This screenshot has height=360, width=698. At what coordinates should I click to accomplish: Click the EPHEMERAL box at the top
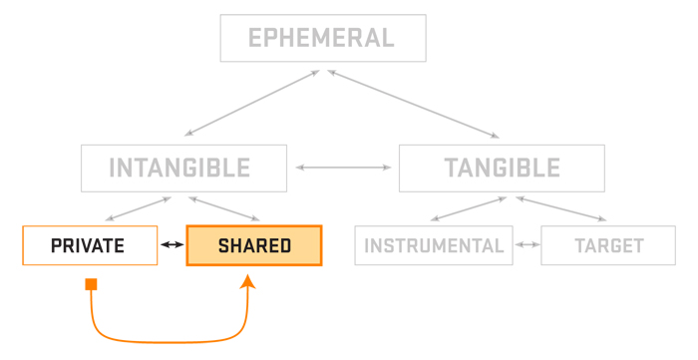(322, 39)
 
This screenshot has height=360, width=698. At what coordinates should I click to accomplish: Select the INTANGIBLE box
(184, 168)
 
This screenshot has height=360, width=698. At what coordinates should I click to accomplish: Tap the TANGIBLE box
(501, 168)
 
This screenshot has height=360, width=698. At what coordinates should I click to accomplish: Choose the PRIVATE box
(90, 245)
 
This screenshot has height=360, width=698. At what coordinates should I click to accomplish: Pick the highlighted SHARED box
(254, 245)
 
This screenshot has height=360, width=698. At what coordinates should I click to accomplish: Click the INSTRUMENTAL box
(433, 245)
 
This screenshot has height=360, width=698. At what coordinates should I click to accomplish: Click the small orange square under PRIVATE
(92, 285)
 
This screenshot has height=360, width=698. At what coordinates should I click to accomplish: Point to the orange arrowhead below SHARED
(247, 283)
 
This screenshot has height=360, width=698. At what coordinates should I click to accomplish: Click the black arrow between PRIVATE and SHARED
(173, 245)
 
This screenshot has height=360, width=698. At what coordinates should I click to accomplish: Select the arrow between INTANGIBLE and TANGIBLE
(343, 168)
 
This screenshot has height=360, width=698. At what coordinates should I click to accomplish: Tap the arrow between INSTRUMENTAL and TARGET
(526, 245)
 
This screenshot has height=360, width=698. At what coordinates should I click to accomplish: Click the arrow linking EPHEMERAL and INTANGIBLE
(251, 103)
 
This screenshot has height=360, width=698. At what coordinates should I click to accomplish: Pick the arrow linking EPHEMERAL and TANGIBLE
(414, 103)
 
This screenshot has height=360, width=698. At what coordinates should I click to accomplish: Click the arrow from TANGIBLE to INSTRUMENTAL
(469, 208)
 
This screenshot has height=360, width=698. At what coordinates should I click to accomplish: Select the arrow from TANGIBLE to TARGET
(559, 208)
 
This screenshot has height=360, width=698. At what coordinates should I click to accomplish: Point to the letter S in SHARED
(223, 245)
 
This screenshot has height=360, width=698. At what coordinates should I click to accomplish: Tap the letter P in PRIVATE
(56, 245)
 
